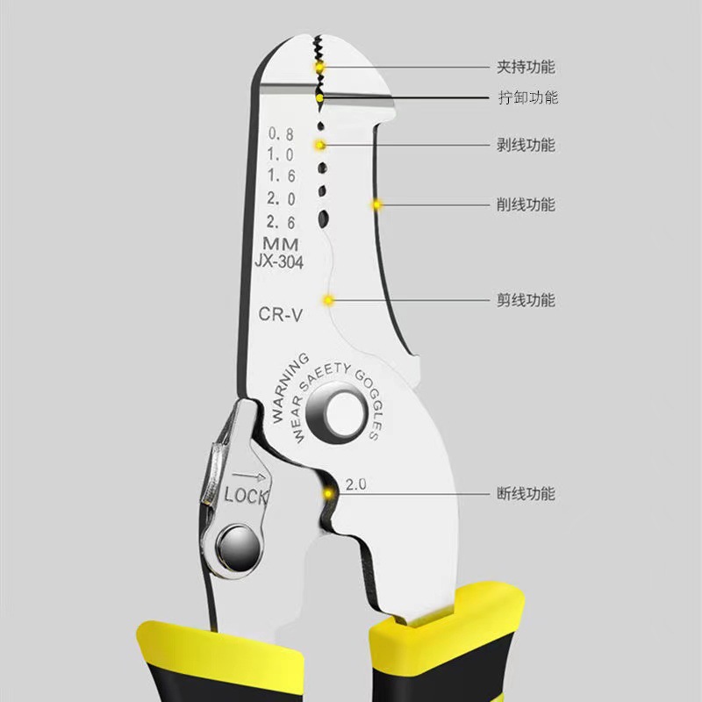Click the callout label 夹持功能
pyautogui.click(x=526, y=68)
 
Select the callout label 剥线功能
pyautogui.click(x=526, y=145)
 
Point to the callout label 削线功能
pyautogui.click(x=526, y=205)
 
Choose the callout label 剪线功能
pyautogui.click(x=526, y=300)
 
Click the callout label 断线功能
pyautogui.click(x=526, y=494)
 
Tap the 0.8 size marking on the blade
pyautogui.click(x=281, y=134)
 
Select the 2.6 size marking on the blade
pyautogui.click(x=281, y=223)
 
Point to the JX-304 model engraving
pyautogui.click(x=279, y=261)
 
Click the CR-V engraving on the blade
pyautogui.click(x=281, y=316)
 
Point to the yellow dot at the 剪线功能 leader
pyautogui.click(x=329, y=300)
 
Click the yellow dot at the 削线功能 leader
pyautogui.click(x=378, y=205)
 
